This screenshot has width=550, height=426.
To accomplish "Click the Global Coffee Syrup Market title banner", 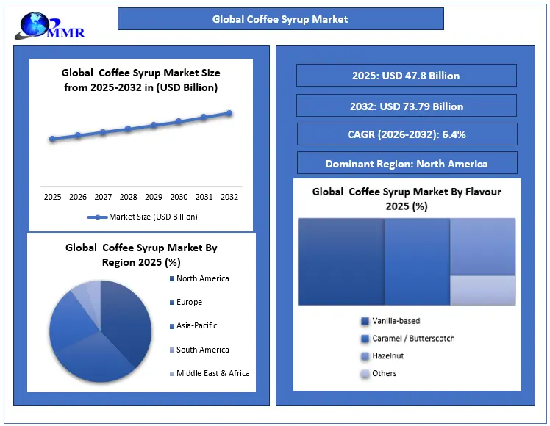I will click(x=280, y=19).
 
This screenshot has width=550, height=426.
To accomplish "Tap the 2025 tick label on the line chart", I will click(x=52, y=197).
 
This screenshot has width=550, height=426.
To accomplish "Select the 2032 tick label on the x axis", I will click(x=229, y=197).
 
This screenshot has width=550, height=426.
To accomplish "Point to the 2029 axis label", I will click(x=154, y=197).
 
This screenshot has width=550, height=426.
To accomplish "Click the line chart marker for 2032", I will click(x=229, y=113).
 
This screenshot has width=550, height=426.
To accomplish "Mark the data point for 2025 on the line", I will click(x=52, y=139).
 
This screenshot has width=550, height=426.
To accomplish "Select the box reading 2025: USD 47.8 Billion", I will click(x=406, y=76).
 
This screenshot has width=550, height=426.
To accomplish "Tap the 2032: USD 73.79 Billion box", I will click(x=406, y=106).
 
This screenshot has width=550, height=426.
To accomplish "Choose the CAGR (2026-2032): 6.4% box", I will click(x=406, y=134).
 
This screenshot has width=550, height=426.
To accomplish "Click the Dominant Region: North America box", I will click(x=406, y=164).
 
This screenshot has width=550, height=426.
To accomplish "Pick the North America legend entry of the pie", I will click(x=202, y=279).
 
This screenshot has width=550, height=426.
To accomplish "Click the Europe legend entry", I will click(x=189, y=303).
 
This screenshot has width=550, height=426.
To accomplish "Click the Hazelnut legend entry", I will click(x=387, y=356).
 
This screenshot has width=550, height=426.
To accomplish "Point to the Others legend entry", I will click(x=384, y=374).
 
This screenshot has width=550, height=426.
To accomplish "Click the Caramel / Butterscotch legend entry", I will click(x=413, y=339).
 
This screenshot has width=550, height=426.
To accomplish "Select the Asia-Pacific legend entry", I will click(x=196, y=326).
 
